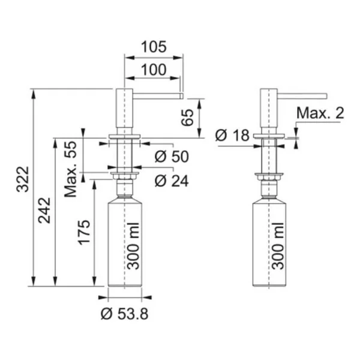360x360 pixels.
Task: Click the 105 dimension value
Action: click(x=154, y=47)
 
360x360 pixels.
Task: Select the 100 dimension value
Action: click(x=154, y=70)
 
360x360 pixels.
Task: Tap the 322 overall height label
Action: click(x=23, y=179)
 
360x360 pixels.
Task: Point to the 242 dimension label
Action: click(x=44, y=211)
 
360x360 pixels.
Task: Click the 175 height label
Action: click(x=84, y=232)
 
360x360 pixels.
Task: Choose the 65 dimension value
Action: click(x=187, y=118)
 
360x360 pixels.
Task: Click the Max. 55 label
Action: click(x=70, y=169)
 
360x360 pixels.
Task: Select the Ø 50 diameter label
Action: click(x=172, y=157)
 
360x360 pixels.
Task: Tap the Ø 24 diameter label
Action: click(x=172, y=181)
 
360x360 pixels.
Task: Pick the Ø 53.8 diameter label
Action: click(x=124, y=314)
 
